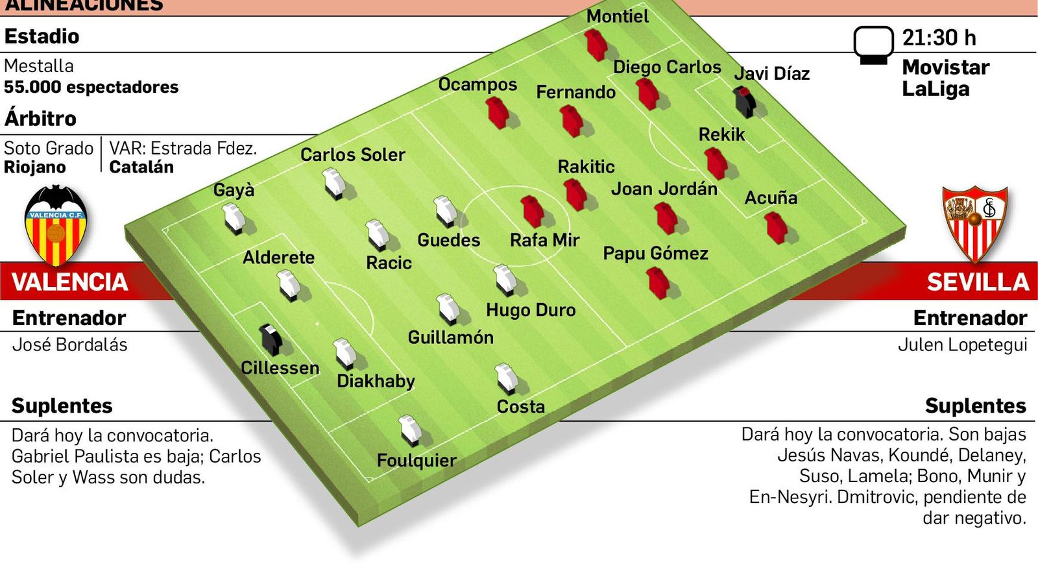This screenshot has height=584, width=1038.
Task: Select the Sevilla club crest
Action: pos(975,224)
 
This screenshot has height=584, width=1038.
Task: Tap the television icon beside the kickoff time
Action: pos(873,45)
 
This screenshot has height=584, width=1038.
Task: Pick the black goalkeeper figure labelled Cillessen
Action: pos(271,340)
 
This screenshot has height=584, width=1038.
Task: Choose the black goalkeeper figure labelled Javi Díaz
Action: pos(745,101)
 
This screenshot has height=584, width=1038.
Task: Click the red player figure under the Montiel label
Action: pos(596,45)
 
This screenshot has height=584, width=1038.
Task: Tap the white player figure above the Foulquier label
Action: pos(411,430)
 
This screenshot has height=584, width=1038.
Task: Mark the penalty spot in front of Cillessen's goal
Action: pos(317,324)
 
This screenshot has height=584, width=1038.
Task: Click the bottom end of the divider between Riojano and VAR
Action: pos(101,172)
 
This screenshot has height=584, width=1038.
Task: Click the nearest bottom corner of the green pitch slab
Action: pos(358,526)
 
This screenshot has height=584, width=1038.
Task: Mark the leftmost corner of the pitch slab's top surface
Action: pos(125,228)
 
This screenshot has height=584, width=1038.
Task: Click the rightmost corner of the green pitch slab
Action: pos(905,227)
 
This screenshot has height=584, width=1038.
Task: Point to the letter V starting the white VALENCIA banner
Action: pos(20,282)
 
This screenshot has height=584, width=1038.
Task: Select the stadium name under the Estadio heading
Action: pos(39,66)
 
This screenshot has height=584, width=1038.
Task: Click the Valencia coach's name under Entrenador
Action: pos(69,345)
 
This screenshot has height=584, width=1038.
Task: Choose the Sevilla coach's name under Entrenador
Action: pos(963,345)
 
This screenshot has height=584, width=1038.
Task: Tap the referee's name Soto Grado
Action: pos(49,149)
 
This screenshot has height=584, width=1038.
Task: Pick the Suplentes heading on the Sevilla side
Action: pos(976,406)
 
